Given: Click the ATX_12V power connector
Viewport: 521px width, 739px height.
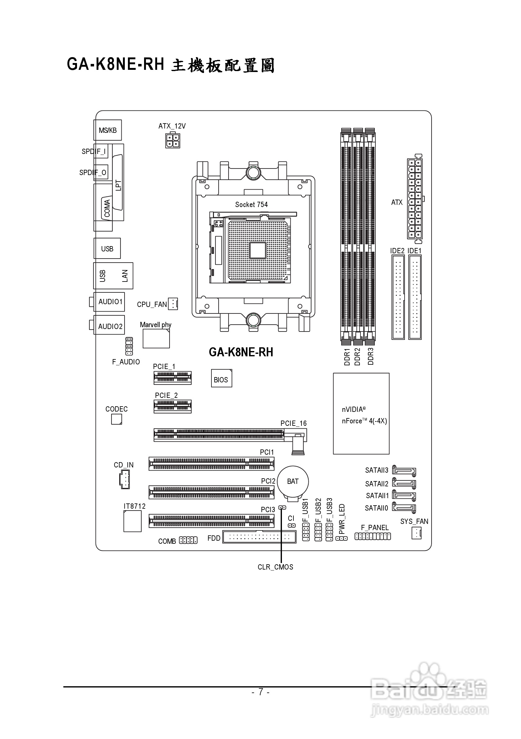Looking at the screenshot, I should click(x=173, y=141).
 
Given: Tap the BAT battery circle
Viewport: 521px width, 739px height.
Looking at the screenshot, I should click(x=293, y=481).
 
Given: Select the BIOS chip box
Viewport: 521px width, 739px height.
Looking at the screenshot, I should click(x=221, y=378).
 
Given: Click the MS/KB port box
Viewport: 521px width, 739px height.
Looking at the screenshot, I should click(x=107, y=130).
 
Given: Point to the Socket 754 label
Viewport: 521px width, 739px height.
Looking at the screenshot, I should click(x=251, y=205).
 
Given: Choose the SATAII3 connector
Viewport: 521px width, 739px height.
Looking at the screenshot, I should click(x=404, y=471).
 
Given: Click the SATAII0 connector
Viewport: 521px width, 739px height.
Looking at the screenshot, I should click(x=404, y=508).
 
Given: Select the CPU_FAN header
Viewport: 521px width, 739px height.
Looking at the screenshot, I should click(x=173, y=304).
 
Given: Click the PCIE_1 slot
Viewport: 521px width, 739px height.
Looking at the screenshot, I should click(x=172, y=377).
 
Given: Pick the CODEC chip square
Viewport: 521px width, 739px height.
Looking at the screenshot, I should click(x=116, y=419).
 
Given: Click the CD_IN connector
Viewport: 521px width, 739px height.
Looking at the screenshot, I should click(x=124, y=479).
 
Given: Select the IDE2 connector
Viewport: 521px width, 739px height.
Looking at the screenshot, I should click(x=398, y=297).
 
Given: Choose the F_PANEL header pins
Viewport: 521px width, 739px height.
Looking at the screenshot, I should click(x=373, y=536).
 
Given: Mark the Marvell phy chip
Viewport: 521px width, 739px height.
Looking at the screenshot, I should click(x=156, y=339).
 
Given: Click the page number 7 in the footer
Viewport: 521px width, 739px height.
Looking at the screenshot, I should click(x=260, y=692).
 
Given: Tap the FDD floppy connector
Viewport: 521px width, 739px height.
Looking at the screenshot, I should click(x=259, y=537).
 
